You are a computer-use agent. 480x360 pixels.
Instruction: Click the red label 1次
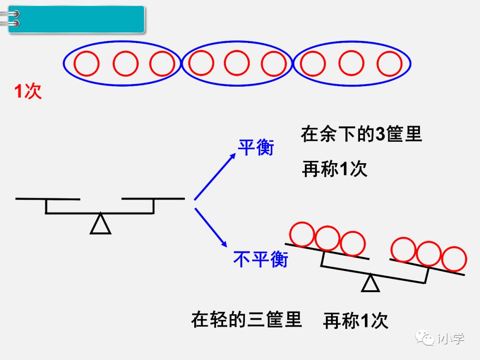(28, 92)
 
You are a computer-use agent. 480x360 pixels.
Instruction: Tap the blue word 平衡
(256, 148)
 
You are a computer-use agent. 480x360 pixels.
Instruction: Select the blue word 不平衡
(260, 259)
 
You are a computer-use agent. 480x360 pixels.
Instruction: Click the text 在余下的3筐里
(361, 134)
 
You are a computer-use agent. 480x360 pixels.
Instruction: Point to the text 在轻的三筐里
(246, 319)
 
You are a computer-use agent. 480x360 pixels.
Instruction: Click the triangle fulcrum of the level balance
(100, 224)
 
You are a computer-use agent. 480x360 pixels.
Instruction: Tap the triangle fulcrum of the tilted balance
(370, 284)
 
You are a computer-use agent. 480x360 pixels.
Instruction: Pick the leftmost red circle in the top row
(86, 64)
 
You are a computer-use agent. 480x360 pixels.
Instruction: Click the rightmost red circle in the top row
(390, 64)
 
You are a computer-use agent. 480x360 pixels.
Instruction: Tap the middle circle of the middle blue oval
(236, 63)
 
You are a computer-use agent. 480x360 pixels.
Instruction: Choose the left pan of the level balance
(48, 199)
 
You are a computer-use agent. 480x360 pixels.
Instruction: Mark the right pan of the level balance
(153, 198)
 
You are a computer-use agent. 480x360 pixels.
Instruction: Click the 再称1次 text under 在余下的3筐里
(334, 169)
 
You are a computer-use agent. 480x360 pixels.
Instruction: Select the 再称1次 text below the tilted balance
(355, 321)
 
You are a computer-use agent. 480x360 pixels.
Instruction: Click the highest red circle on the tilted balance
(302, 234)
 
